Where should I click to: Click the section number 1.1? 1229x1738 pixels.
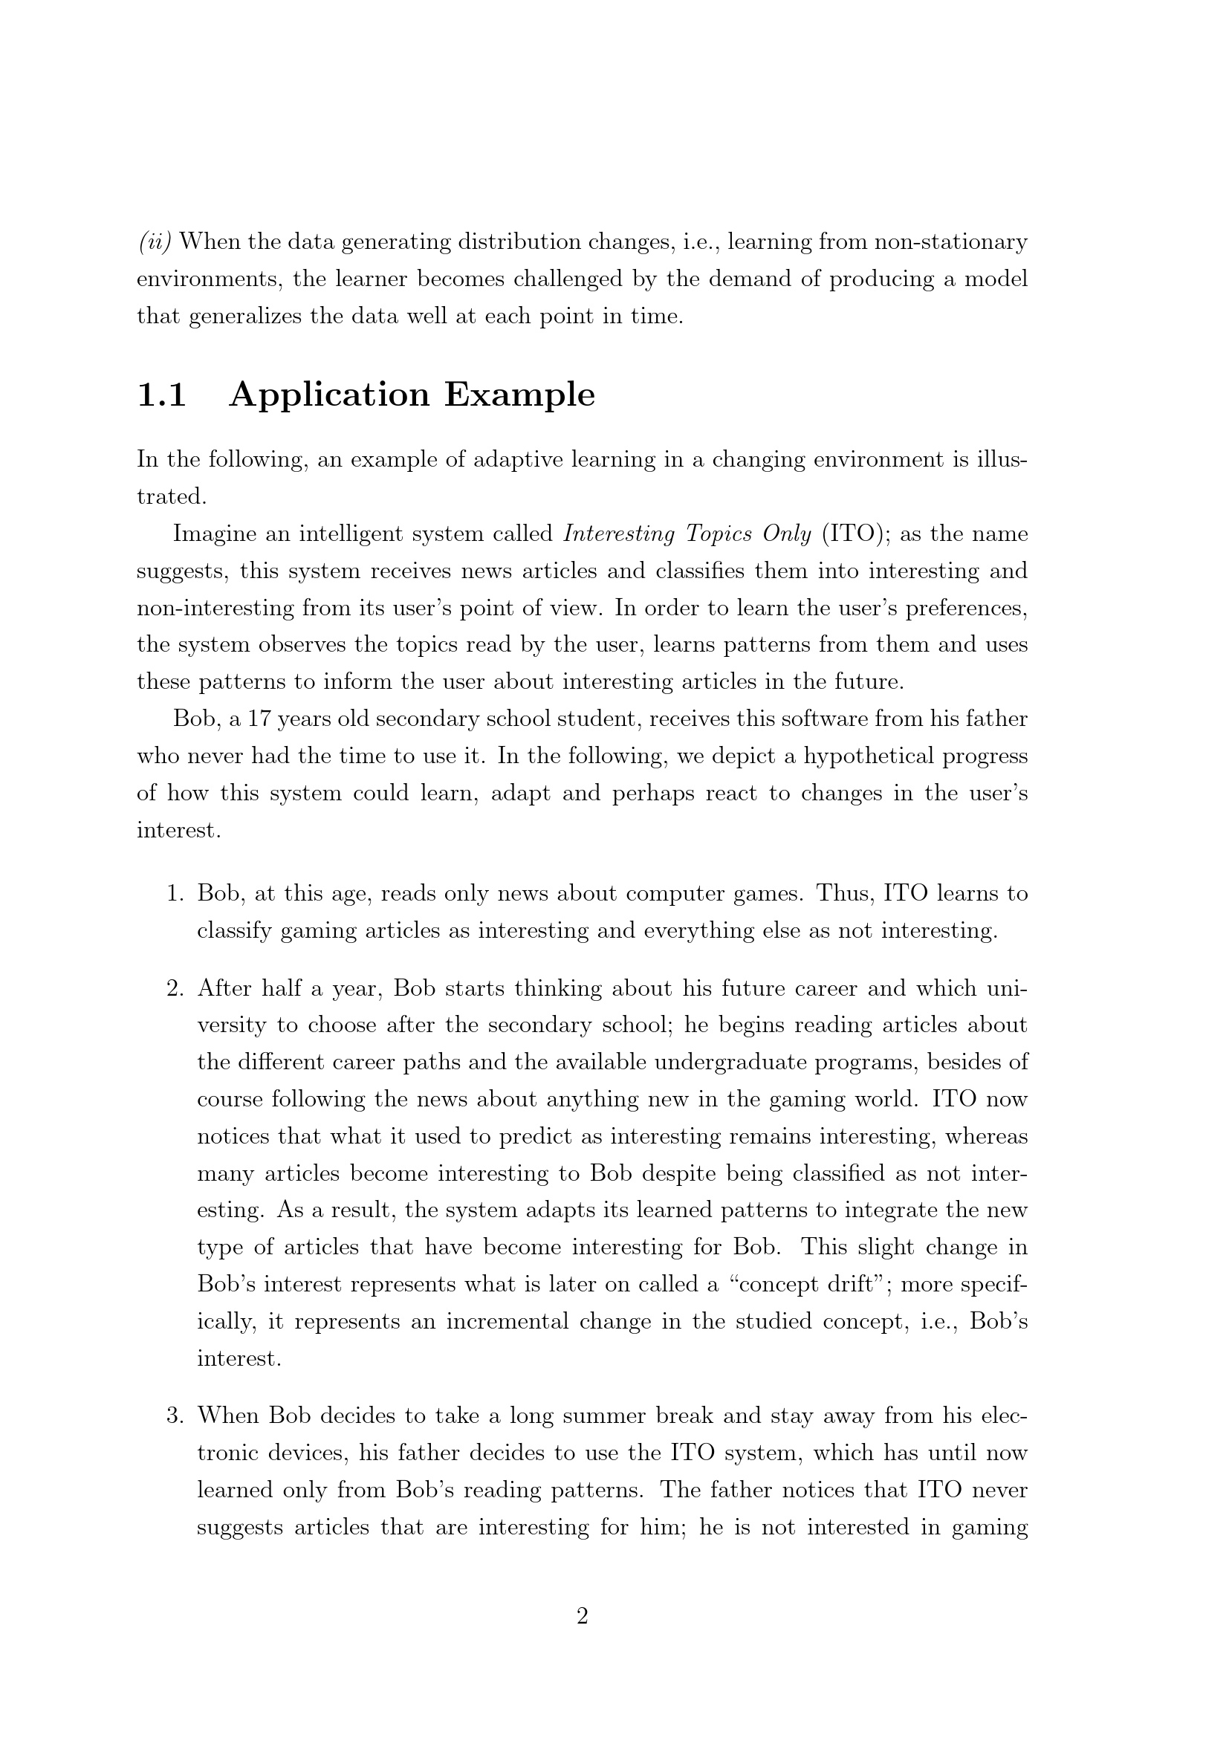(x=161, y=395)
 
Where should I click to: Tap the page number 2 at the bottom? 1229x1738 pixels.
(x=583, y=1616)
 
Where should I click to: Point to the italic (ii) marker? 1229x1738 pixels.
(x=155, y=242)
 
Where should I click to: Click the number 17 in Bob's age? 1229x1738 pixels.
(x=259, y=719)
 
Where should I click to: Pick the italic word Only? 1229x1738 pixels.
(x=786, y=534)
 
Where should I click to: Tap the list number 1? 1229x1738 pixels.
(x=175, y=894)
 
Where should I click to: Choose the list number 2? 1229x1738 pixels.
(x=175, y=988)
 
